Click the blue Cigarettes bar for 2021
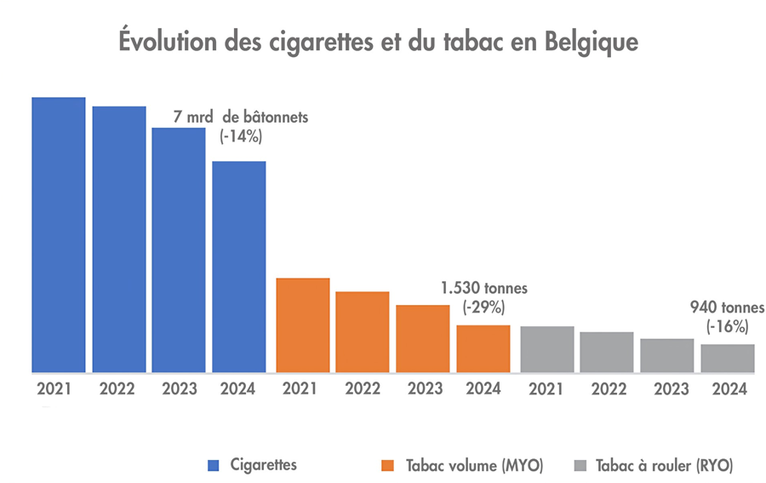[x=59, y=235]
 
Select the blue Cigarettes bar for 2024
[x=238, y=267]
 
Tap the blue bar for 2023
[x=179, y=250]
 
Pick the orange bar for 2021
[x=303, y=325]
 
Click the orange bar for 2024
[x=483, y=348]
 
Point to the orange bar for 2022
[x=363, y=332]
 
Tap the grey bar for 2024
[x=728, y=358]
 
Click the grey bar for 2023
[x=667, y=355]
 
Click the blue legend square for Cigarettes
[x=214, y=465]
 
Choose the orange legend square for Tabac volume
[x=389, y=465]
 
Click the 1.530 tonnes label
[x=480, y=289]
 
